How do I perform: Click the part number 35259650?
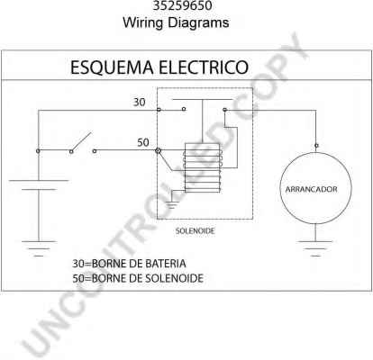pyautogui.click(x=182, y=5)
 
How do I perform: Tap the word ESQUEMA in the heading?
pyautogui.click(x=112, y=67)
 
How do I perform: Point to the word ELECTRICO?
pyautogui.click(x=204, y=67)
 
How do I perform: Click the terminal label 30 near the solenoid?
pyautogui.click(x=139, y=103)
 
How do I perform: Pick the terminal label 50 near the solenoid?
pyautogui.click(x=143, y=142)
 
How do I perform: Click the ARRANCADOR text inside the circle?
pyautogui.click(x=311, y=190)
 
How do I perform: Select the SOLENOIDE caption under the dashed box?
pyautogui.click(x=196, y=231)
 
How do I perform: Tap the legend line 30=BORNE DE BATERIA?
pyautogui.click(x=129, y=264)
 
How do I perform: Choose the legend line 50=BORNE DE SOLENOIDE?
pyautogui.click(x=138, y=278)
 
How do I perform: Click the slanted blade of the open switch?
pyautogui.click(x=81, y=141)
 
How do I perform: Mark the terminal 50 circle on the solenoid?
pyautogui.click(x=158, y=150)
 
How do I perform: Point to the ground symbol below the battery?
pyautogui.click(x=39, y=248)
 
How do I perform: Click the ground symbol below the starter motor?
pyautogui.click(x=315, y=248)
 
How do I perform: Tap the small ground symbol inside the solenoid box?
pyautogui.click(x=171, y=204)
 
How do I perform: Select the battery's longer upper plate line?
pyautogui.click(x=39, y=181)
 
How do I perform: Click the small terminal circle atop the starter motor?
pyautogui.click(x=316, y=146)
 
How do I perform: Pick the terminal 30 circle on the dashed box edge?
pyautogui.click(x=159, y=110)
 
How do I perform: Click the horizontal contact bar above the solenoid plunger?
pyautogui.click(x=202, y=99)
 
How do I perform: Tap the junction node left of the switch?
pyautogui.click(x=38, y=151)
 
